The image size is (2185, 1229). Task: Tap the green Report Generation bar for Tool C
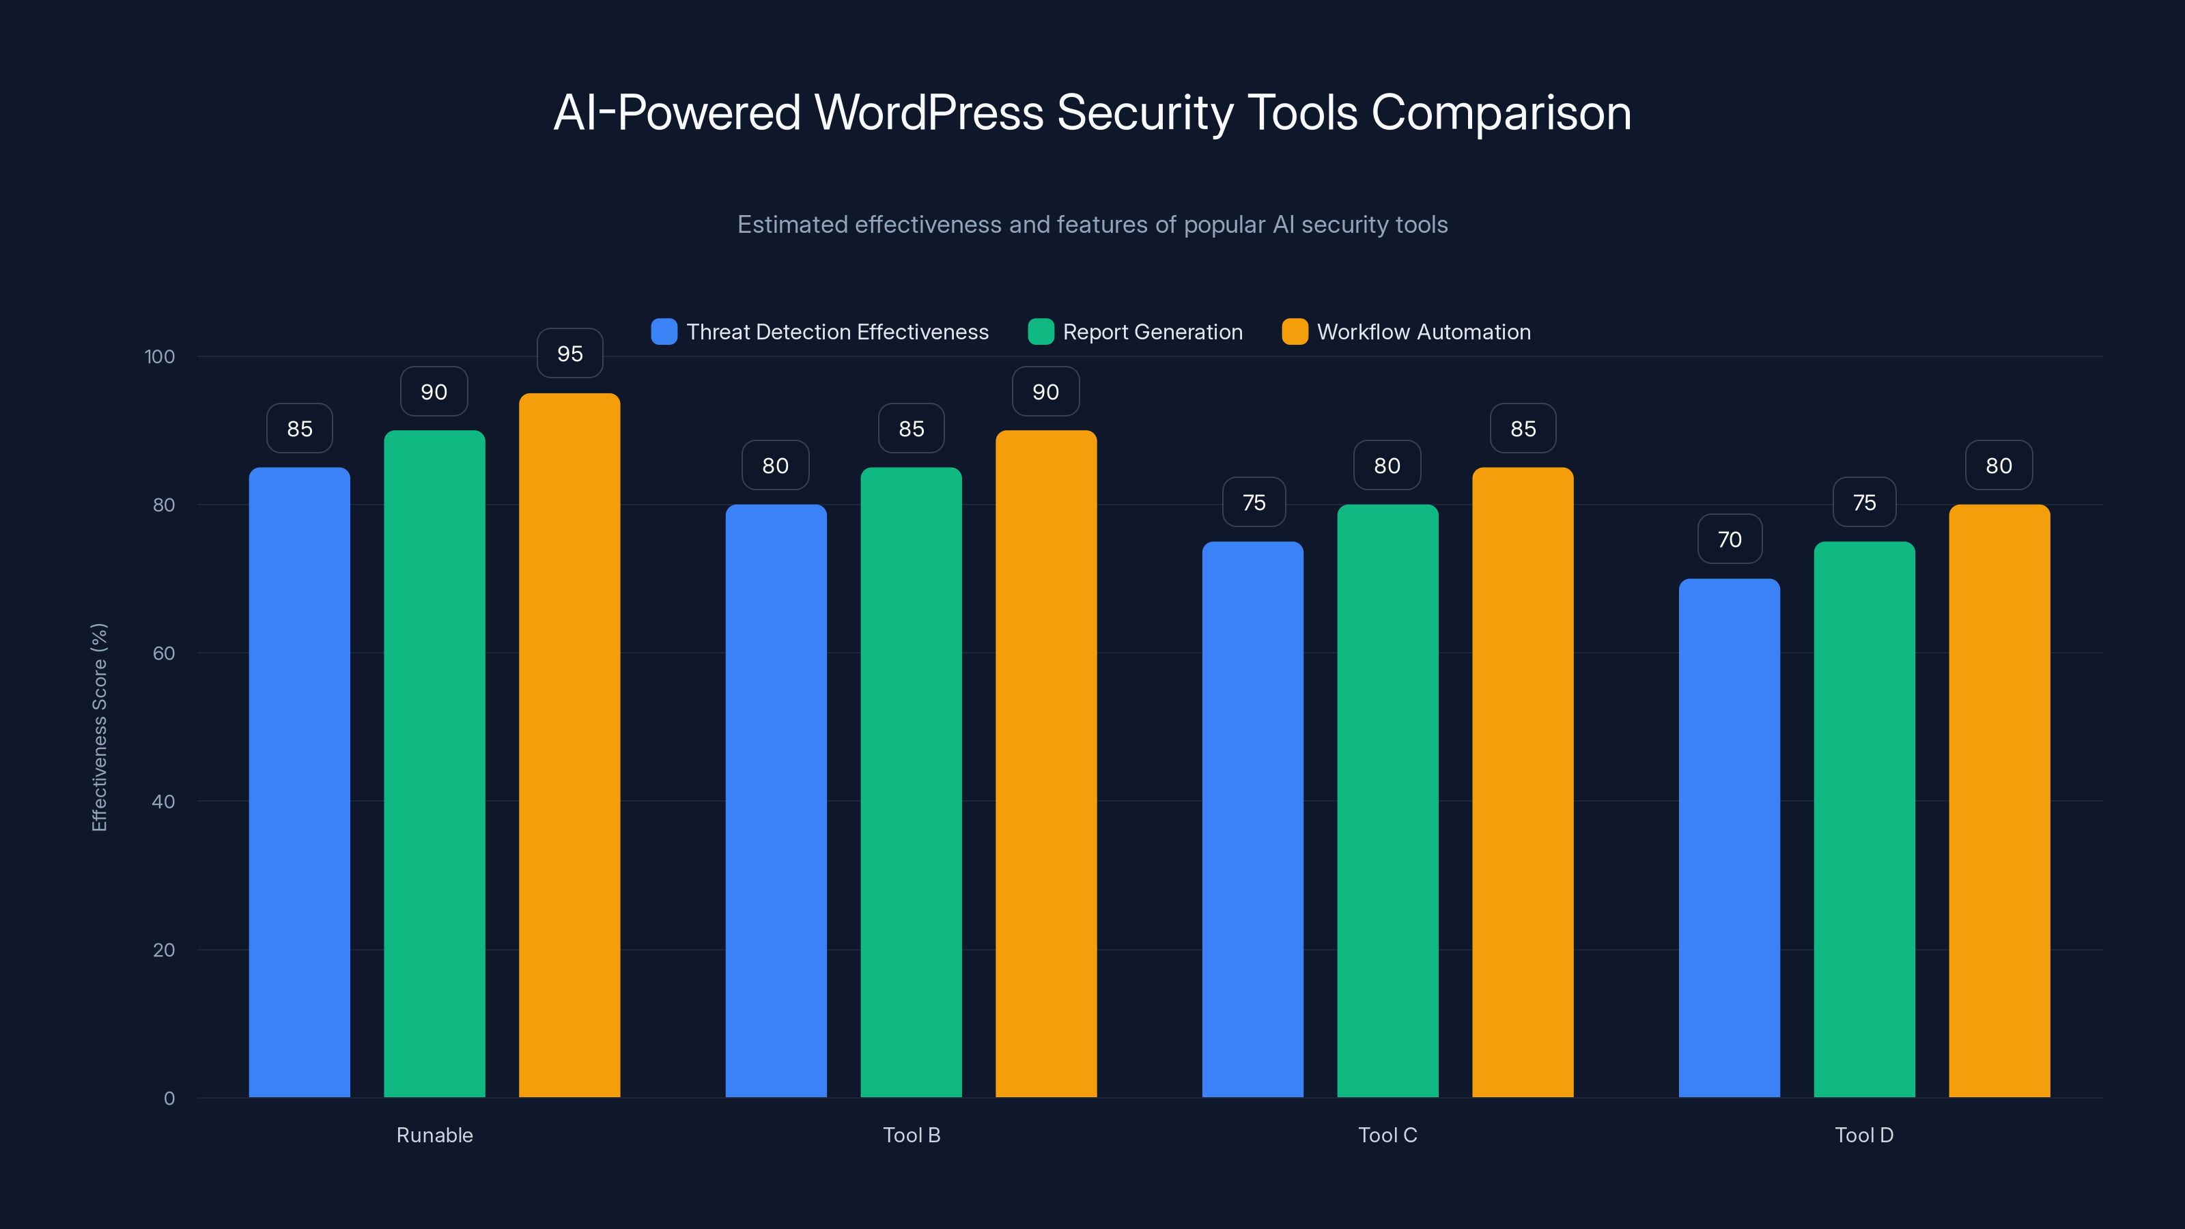(1387, 801)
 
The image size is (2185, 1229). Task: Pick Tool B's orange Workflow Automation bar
(1046, 763)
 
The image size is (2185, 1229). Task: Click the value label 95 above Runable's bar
(570, 354)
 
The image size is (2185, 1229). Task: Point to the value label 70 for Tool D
(1730, 539)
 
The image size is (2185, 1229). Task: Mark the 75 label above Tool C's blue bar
(1254, 502)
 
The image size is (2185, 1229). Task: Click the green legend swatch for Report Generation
(1040, 332)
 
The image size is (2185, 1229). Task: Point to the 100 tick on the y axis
(160, 356)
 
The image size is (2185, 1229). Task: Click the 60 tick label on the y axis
(164, 653)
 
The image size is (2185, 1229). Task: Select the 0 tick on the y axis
(169, 1099)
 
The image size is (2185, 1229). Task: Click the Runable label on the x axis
(434, 1135)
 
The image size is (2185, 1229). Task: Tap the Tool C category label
(1387, 1135)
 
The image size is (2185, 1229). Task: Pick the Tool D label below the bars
(1863, 1135)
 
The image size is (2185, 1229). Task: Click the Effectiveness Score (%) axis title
(99, 727)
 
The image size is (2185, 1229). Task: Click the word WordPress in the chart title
(929, 112)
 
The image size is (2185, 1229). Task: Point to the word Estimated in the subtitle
(792, 224)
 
